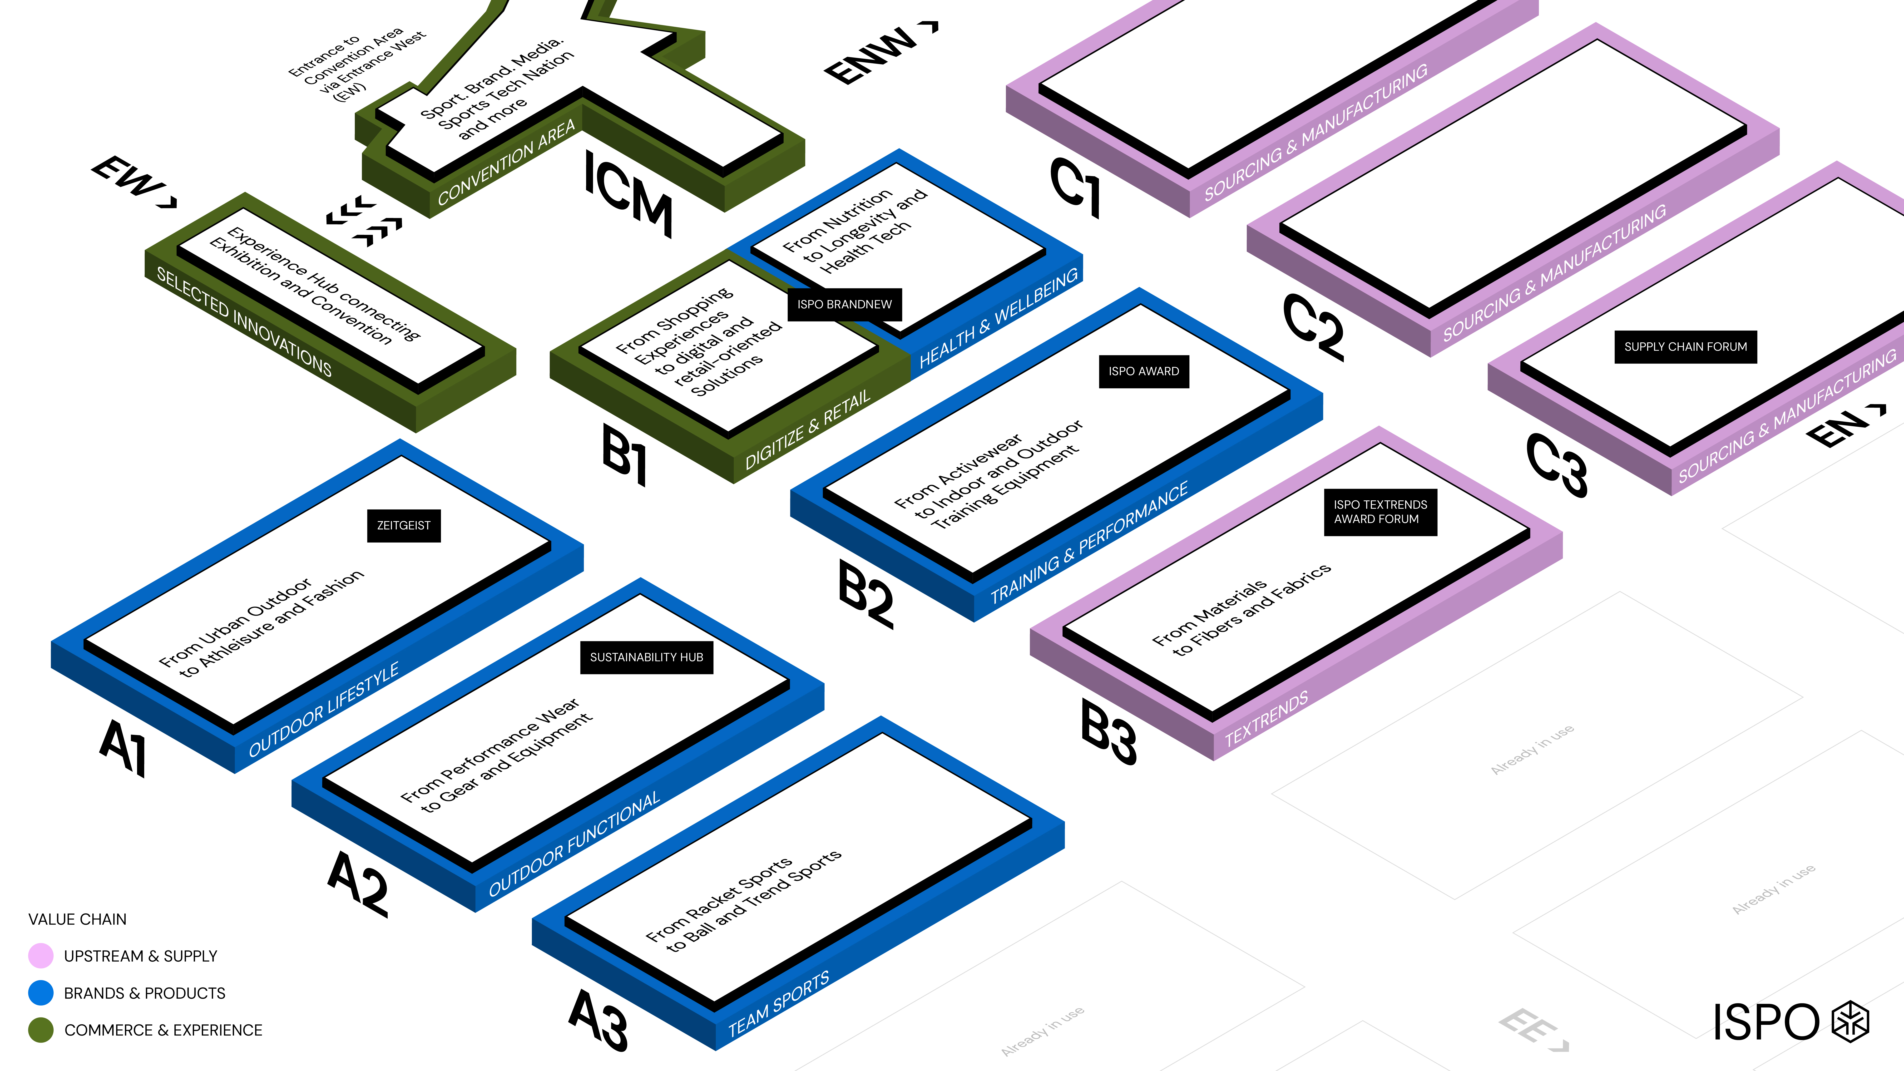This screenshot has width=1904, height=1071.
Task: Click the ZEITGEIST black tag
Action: [x=404, y=526]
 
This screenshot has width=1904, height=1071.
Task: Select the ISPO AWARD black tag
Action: [x=1143, y=371]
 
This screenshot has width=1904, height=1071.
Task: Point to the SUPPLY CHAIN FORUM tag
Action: [x=1685, y=347]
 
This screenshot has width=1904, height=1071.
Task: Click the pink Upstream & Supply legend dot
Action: [x=41, y=956]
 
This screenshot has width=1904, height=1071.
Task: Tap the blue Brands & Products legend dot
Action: [x=41, y=993]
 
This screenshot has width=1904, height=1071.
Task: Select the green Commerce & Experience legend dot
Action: [x=41, y=1030]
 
